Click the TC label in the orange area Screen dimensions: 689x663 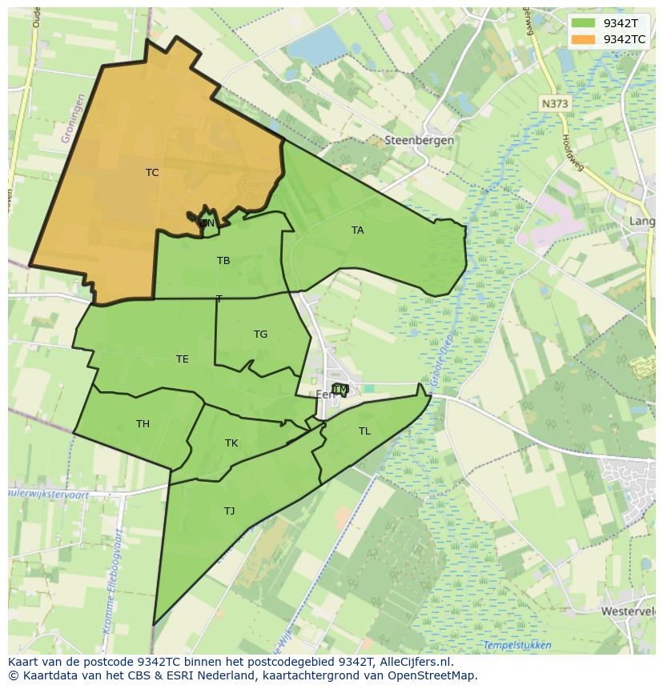coord(152,173)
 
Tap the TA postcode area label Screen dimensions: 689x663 coord(357,230)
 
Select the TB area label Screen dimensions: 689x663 coord(223,261)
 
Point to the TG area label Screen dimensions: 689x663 coord(260,334)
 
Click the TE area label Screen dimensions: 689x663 coord(183,359)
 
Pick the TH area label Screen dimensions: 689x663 coord(143,424)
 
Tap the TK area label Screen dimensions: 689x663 coord(231,443)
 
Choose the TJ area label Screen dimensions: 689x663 coord(230,511)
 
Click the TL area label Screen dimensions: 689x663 coord(364,431)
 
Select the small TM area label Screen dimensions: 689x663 coord(340,390)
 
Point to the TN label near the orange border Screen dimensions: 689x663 coord(207,223)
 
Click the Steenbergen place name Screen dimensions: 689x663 coord(419,140)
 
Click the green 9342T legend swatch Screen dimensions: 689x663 coord(584,23)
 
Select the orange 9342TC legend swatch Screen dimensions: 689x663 coord(584,38)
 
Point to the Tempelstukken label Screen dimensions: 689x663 coord(517,645)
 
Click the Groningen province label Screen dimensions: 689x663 coord(73,118)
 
